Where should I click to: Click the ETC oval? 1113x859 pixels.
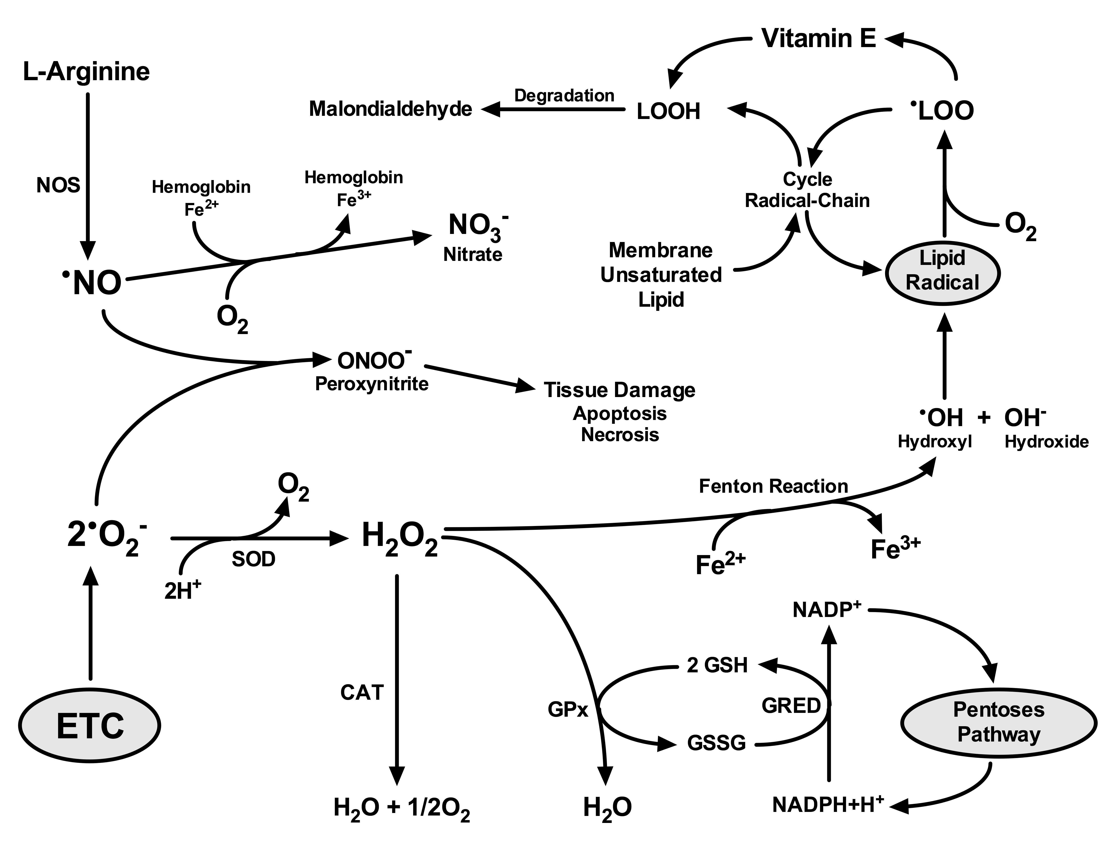click(x=90, y=725)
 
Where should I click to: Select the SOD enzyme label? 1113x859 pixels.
click(x=253, y=559)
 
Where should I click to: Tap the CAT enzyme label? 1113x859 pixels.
click(x=362, y=692)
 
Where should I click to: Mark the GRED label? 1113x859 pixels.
click(x=791, y=706)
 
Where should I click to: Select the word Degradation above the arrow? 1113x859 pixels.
click(x=564, y=95)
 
